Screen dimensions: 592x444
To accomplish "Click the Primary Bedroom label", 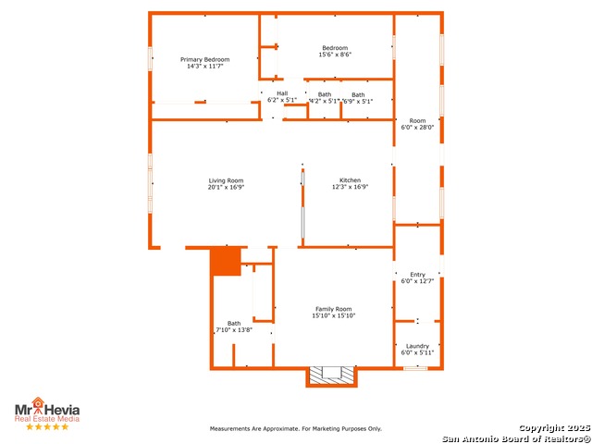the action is [x=205, y=59].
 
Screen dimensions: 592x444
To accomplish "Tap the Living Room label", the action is [x=226, y=180].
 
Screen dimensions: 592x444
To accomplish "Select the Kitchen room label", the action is [x=350, y=180].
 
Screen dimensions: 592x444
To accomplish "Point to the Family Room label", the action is [x=333, y=309].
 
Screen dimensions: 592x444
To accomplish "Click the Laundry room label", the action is [x=417, y=346].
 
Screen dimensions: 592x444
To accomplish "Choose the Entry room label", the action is [x=417, y=275].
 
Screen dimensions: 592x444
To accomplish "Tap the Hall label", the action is [x=282, y=93].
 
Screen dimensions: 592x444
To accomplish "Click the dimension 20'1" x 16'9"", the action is [x=226, y=187].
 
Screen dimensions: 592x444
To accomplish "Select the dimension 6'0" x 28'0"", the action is [x=417, y=128].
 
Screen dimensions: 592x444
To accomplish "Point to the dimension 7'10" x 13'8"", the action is [x=234, y=329].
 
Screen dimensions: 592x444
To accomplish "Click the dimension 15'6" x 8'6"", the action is [x=335, y=55].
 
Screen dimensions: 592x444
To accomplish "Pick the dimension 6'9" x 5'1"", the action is [x=358, y=101].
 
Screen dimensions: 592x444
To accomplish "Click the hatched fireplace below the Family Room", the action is [x=331, y=376].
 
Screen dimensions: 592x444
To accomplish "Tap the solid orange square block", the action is [x=226, y=261].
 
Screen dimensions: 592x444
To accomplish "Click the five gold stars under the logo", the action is [x=47, y=426].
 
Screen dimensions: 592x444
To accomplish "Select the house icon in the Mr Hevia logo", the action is [x=38, y=402].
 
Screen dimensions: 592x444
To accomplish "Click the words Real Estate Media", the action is [x=47, y=419].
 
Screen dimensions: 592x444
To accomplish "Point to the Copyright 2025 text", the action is [x=554, y=428].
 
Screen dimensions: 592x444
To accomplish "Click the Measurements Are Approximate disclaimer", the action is [x=296, y=429].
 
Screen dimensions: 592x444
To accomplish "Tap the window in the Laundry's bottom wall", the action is [x=415, y=368].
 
